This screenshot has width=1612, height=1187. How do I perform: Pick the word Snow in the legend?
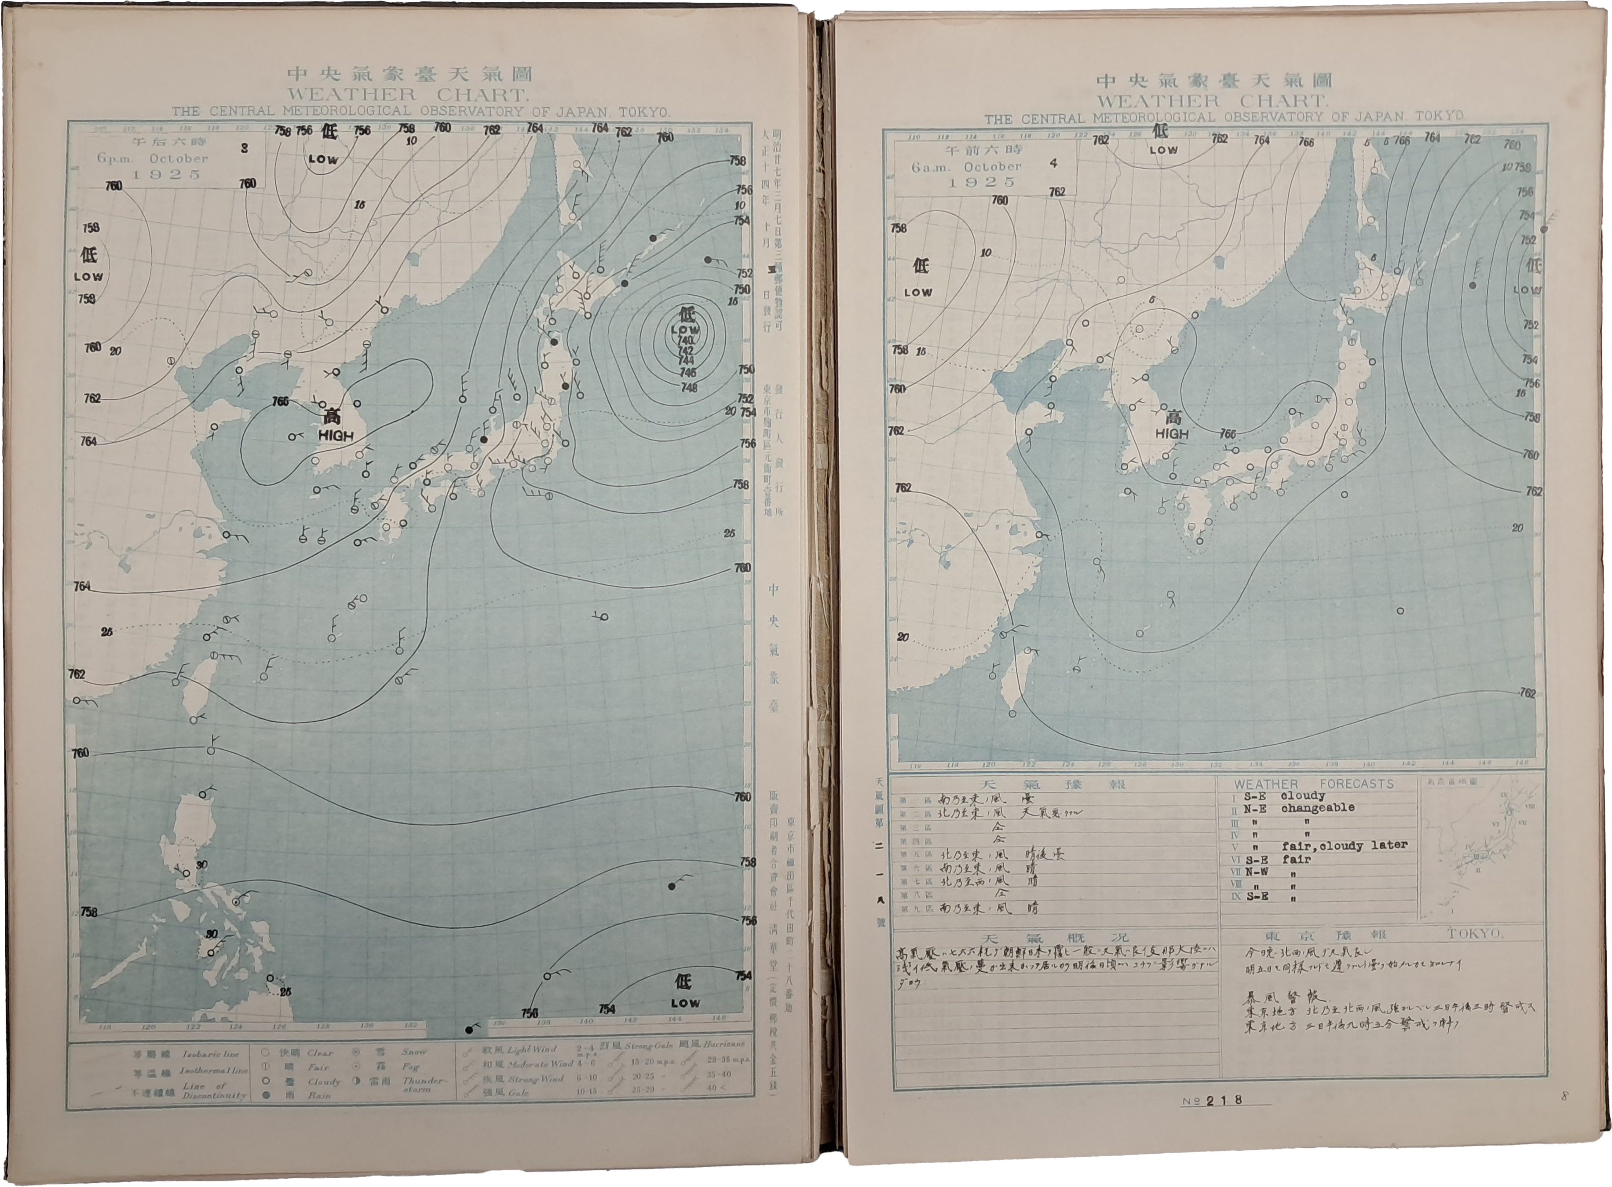point(414,1052)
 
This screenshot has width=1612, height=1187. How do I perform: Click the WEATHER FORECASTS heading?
point(1314,784)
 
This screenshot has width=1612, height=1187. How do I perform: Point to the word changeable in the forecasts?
point(1317,808)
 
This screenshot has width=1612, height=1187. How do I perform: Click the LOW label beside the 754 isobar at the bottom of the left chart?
point(685,1003)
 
